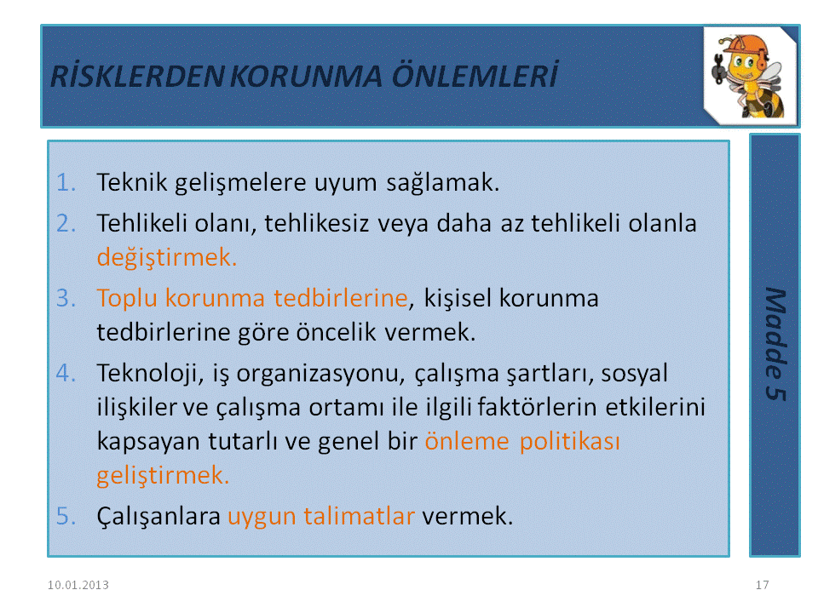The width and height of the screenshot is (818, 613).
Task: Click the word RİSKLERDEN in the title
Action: click(137, 76)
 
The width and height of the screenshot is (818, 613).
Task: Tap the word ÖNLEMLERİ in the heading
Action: click(475, 75)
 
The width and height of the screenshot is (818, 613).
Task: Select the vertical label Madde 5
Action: click(775, 344)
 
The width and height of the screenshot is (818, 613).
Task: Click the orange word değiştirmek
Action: click(167, 257)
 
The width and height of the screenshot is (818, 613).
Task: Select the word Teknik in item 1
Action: click(132, 182)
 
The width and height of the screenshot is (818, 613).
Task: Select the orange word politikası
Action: click(570, 442)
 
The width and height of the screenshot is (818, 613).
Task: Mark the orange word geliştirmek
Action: click(163, 476)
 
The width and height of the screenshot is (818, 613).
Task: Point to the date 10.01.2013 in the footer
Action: click(78, 585)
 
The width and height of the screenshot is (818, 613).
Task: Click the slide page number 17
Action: click(762, 585)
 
